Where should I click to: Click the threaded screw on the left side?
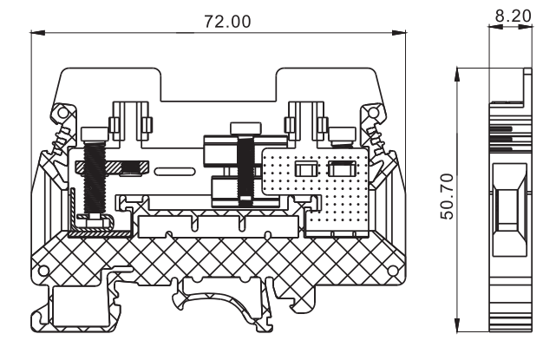93,178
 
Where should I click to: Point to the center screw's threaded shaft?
246,173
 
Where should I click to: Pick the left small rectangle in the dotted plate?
305,169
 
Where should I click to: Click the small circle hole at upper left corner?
60,113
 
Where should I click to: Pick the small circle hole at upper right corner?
376,113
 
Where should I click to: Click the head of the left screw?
93,134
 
